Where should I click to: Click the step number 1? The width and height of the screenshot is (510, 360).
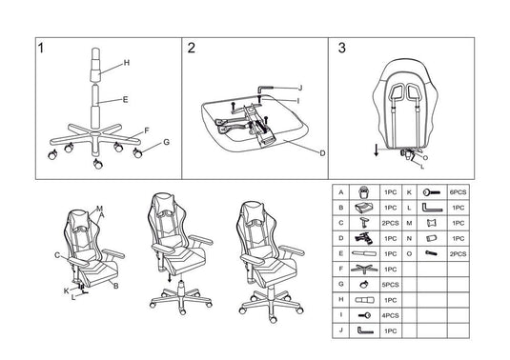pos(41,49)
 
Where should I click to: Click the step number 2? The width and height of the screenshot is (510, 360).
pos(192,49)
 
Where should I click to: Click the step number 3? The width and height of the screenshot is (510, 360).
pos(342,49)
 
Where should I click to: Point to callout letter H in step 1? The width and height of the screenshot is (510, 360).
pos(126,64)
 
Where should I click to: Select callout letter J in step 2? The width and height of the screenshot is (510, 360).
pos(298,87)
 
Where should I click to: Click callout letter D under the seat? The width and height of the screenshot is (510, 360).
pos(322,152)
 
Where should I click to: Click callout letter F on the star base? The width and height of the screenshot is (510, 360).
pos(146,130)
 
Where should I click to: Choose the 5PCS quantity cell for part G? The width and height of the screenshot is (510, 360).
pos(390,285)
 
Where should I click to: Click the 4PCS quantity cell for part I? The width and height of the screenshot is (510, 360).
pos(390,315)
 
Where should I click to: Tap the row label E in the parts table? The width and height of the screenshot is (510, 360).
pos(340,254)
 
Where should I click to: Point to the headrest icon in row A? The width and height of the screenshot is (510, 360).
pos(361,192)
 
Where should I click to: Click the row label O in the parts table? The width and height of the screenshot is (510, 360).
pos(409,254)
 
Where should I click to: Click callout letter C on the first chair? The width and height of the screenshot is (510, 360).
pos(57,255)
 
